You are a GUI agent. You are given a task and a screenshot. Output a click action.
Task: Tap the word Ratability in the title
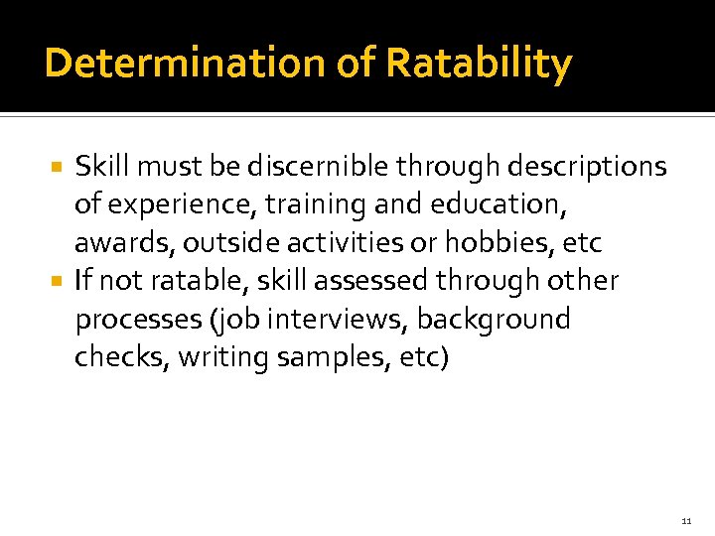479,64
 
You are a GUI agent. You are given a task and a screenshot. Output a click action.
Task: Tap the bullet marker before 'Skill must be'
59,167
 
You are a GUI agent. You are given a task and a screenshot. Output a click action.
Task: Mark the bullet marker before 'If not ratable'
59,282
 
